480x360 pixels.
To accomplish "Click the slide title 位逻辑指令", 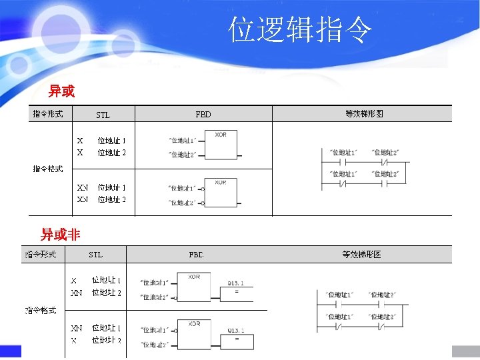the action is coord(300,31).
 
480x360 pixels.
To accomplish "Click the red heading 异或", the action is coord(61,91).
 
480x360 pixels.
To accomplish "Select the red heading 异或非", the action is coord(60,234).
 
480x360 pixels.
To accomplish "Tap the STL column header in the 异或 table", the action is coord(103,115).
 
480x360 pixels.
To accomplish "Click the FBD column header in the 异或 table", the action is coord(203,115).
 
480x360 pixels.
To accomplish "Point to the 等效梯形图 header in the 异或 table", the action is coord(363,114).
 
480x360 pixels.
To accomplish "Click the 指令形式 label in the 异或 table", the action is coord(48,114).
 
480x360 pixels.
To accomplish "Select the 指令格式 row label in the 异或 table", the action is coord(48,169).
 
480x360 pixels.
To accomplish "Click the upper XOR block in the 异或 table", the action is coord(221,145).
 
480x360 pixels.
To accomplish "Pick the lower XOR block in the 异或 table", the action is coord(221,191).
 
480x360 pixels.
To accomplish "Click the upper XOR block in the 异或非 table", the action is coord(194,287).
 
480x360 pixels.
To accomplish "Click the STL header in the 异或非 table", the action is coord(96,254).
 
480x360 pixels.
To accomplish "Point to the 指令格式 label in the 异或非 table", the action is coord(41,310).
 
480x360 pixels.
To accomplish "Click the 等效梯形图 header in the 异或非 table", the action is coord(361,254).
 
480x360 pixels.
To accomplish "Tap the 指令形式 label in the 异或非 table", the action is coord(41,254).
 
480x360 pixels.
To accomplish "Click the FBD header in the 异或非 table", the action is coord(197,254).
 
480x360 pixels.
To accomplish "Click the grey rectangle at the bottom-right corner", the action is coord(465,351).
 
